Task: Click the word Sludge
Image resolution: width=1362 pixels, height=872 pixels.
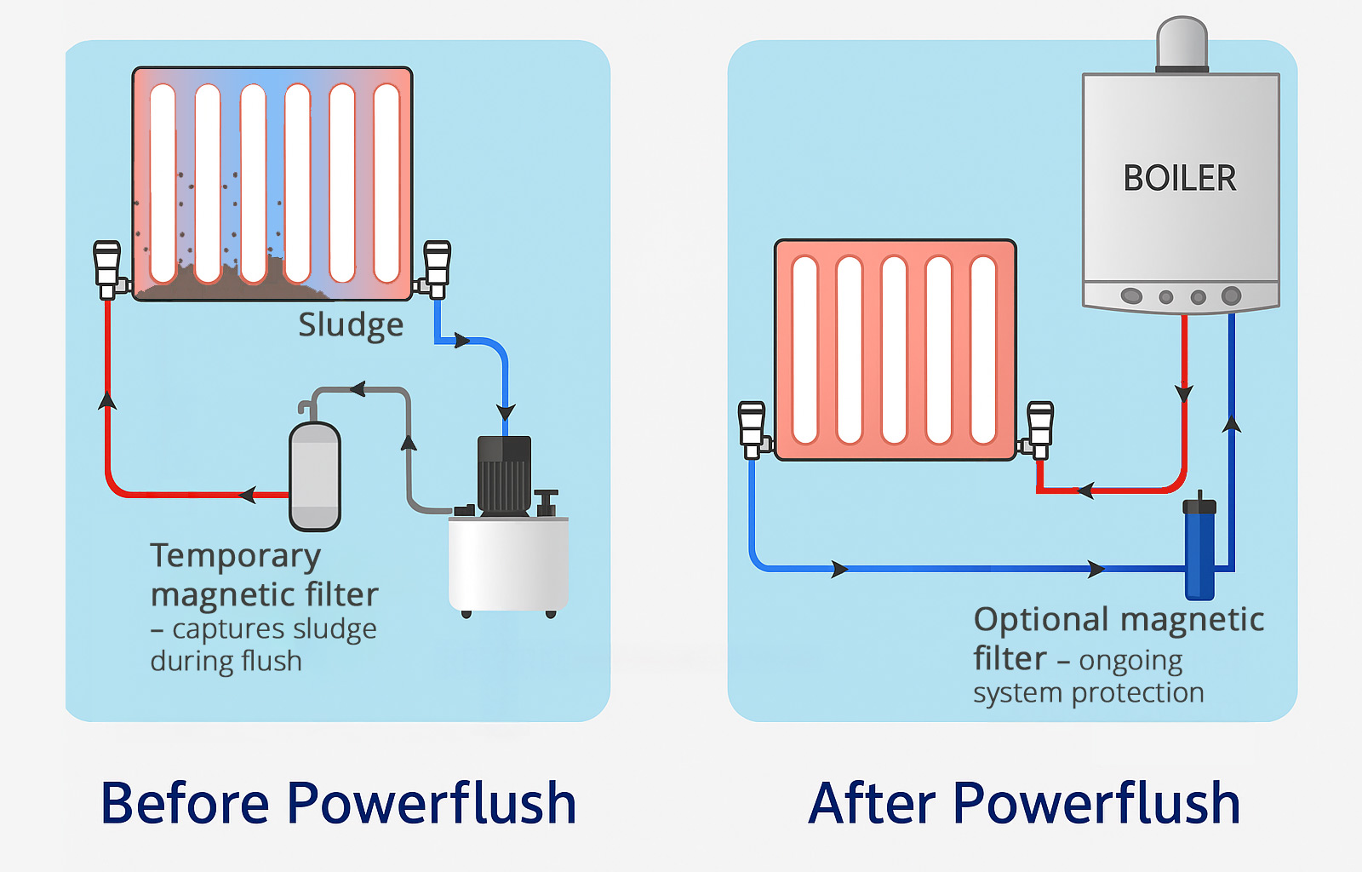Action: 350,325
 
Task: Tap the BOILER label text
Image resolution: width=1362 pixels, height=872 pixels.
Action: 1179,178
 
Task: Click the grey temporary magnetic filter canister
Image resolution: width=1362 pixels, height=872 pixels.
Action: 315,476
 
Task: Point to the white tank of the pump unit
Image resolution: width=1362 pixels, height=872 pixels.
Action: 508,564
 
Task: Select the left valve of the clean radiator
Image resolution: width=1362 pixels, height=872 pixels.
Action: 752,428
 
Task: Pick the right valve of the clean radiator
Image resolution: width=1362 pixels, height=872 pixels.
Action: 1039,428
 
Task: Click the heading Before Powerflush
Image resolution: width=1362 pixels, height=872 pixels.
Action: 338,803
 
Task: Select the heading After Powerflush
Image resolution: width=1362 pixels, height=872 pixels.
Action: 1024,803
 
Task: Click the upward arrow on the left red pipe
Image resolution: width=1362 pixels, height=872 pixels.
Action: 107,399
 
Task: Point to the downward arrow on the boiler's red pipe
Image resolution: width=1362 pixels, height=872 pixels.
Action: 1184,393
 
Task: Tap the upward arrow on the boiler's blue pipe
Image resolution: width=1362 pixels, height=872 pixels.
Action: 1231,423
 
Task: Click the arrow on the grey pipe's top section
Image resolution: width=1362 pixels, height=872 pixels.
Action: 358,389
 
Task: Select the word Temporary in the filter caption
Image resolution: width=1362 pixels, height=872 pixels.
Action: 235,556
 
